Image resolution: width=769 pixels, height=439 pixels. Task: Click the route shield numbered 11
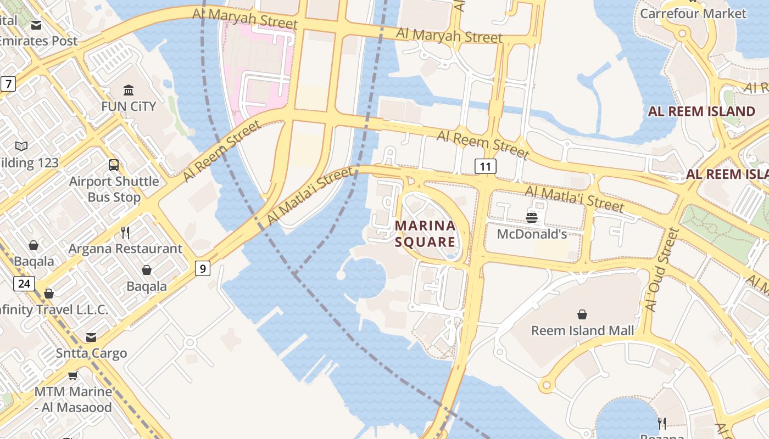click(x=486, y=166)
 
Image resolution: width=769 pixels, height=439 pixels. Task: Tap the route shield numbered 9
click(x=203, y=268)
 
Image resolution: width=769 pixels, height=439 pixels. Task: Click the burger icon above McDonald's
click(x=531, y=217)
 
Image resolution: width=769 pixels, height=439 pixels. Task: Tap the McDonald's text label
click(x=532, y=234)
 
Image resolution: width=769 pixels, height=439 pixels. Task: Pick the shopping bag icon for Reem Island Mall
click(x=582, y=314)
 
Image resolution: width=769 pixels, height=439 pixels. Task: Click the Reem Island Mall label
click(x=582, y=330)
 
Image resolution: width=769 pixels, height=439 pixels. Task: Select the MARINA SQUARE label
click(x=426, y=234)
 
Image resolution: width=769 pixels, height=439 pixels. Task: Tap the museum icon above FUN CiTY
click(x=129, y=90)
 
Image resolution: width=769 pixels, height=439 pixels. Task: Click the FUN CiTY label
click(x=129, y=106)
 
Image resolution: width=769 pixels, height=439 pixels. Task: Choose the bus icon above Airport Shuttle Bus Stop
click(x=114, y=165)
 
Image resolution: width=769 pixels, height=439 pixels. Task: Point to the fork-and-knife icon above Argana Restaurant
click(x=125, y=232)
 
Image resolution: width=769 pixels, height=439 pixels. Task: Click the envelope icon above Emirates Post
click(x=36, y=25)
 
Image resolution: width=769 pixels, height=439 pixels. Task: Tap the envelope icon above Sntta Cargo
click(x=91, y=337)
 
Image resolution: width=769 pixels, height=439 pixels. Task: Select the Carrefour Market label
click(x=693, y=13)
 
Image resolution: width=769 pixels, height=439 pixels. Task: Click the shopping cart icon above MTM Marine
click(x=73, y=376)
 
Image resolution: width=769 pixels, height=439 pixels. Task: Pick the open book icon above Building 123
click(x=21, y=146)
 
